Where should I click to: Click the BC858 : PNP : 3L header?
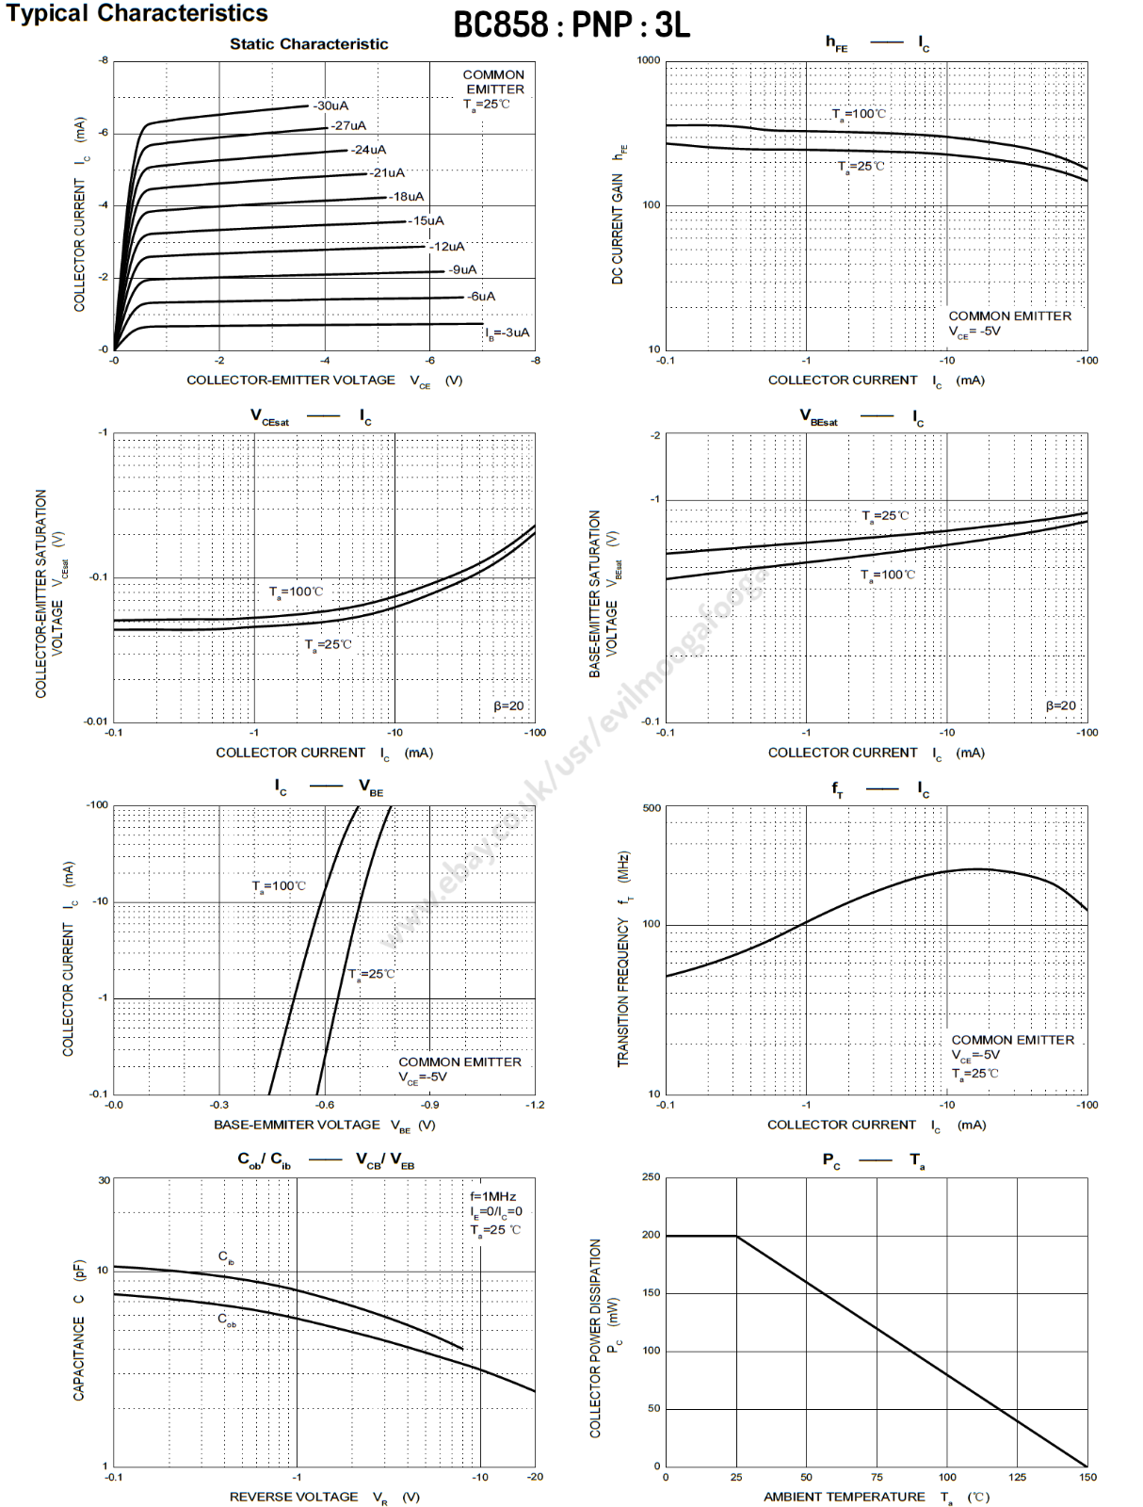(571, 25)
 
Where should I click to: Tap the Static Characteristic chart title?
(309, 44)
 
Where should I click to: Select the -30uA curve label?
(330, 105)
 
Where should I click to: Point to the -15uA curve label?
(426, 221)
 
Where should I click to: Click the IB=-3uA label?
(507, 332)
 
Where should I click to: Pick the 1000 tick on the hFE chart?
(649, 60)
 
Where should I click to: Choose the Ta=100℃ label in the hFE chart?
(859, 114)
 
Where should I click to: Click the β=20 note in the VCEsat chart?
(508, 705)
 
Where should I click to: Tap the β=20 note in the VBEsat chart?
(1061, 705)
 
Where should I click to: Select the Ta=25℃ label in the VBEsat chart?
(886, 516)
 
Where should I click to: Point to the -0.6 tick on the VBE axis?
(324, 1105)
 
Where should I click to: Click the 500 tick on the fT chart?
(652, 808)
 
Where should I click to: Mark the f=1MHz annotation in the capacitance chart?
(493, 1196)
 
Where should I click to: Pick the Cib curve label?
(226, 1257)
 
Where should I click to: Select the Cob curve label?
(227, 1320)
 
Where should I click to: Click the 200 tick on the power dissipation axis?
(652, 1235)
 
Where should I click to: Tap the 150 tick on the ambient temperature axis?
(1087, 1477)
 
